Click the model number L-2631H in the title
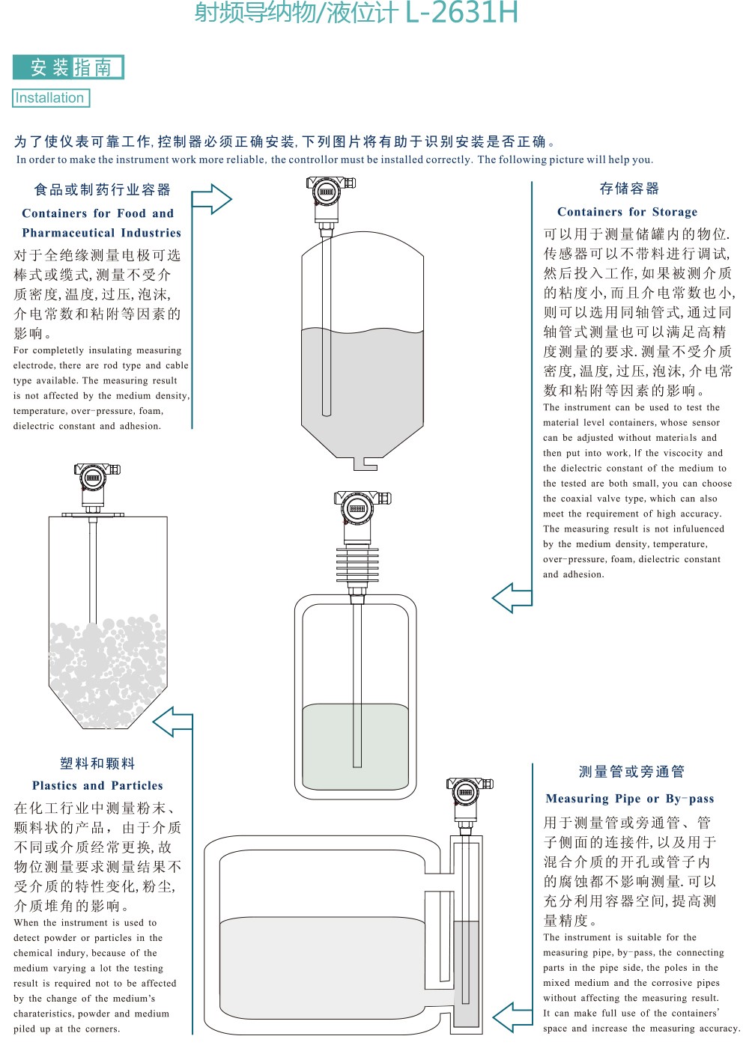461,12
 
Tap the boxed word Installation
50,98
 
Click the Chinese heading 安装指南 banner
69,67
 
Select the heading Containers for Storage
627,212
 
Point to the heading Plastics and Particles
97,785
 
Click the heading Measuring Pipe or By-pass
630,799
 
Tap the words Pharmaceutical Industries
102,233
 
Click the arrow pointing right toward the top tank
212,199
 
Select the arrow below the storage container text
512,598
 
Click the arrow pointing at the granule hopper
173,722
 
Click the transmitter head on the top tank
328,192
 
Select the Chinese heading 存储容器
629,189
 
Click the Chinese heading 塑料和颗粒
97,764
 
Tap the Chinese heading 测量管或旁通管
631,772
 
